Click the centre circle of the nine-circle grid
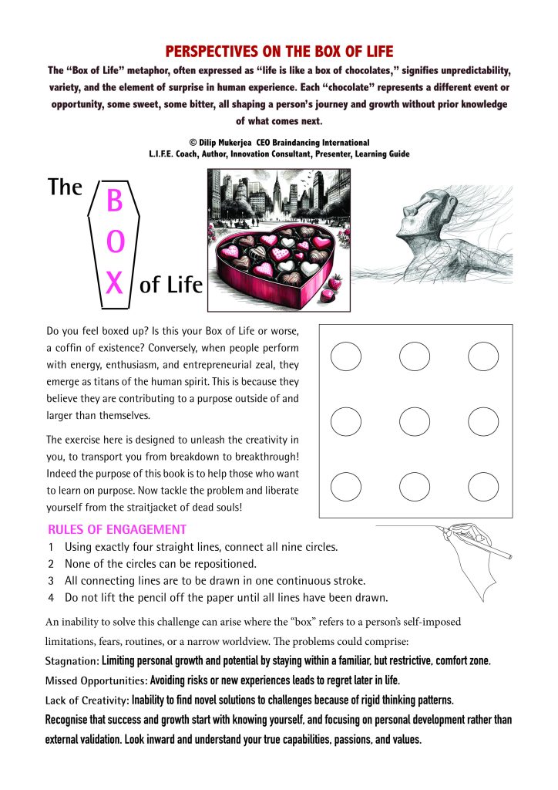(x=415, y=421)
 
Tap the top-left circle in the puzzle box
(x=346, y=355)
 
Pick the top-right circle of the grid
(x=483, y=355)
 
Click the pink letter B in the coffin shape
(x=114, y=201)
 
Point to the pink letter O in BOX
(x=114, y=243)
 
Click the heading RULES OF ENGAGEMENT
(x=116, y=530)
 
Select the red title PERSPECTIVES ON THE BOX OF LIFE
(x=279, y=52)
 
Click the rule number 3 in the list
(x=51, y=580)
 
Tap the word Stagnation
(x=72, y=661)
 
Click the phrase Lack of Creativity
(x=87, y=700)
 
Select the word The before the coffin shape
(x=65, y=187)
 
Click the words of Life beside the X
(x=170, y=286)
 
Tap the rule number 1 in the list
(x=51, y=547)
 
